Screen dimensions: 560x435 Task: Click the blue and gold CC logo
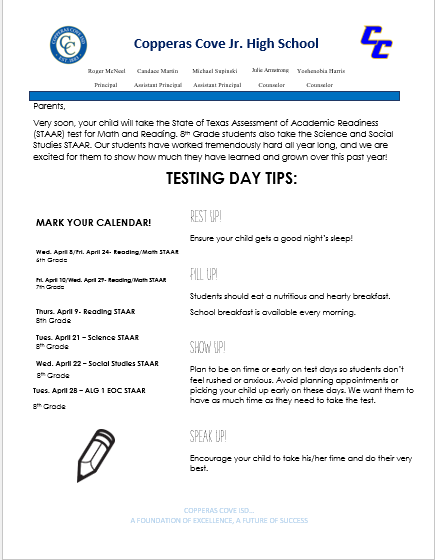click(x=382, y=41)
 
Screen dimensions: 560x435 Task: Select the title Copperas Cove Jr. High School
click(x=226, y=43)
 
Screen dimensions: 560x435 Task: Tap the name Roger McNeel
click(x=107, y=72)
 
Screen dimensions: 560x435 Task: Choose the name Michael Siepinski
click(x=217, y=72)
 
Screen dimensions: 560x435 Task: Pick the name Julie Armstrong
click(x=272, y=71)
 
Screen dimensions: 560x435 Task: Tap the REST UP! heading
click(x=207, y=216)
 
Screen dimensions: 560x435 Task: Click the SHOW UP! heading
click(x=208, y=347)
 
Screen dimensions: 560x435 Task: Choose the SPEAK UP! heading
click(x=209, y=436)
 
